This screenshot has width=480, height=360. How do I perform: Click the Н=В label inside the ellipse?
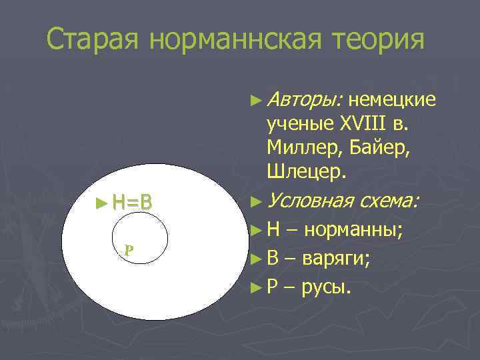point(133,201)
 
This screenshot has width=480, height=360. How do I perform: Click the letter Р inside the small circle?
point(129,251)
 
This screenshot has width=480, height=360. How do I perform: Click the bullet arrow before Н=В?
point(101,201)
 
